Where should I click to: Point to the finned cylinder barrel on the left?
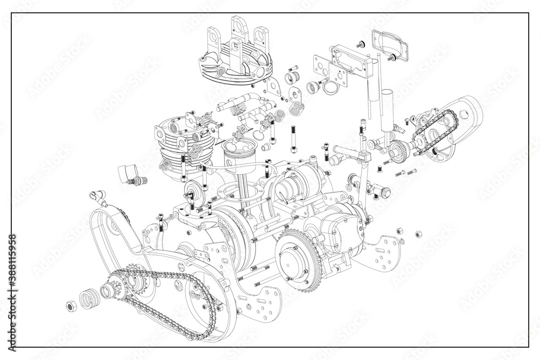[175, 146]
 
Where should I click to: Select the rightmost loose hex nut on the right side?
[417, 234]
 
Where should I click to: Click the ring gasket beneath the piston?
[232, 192]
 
